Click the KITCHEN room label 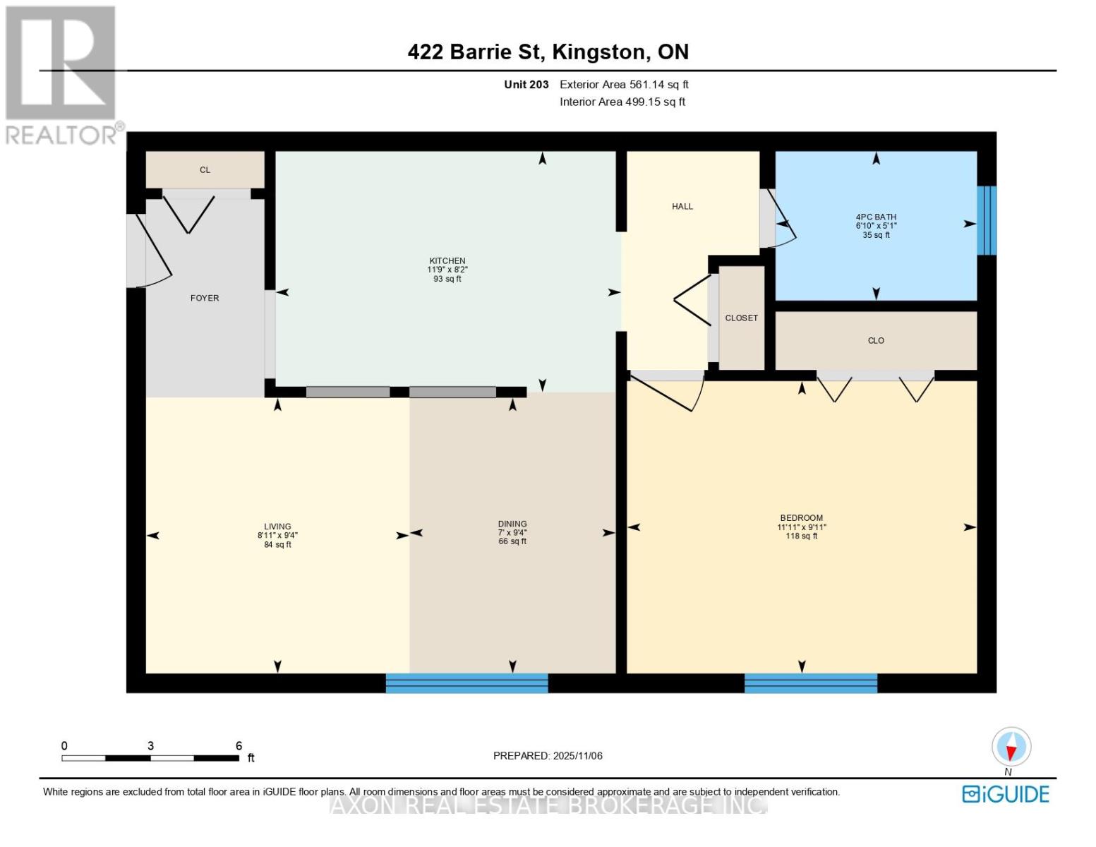click(x=447, y=261)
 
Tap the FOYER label click(x=204, y=298)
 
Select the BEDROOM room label click(x=801, y=517)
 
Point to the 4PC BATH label click(x=876, y=217)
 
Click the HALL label click(x=682, y=206)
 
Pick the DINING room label click(x=512, y=524)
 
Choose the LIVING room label click(x=277, y=526)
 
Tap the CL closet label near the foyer click(x=205, y=170)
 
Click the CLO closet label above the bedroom click(x=876, y=340)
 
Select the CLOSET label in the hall click(x=741, y=318)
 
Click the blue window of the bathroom click(x=987, y=220)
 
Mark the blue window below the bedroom click(x=810, y=683)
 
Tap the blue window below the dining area click(x=466, y=683)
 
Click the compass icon click(x=1011, y=747)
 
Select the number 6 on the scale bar click(x=239, y=745)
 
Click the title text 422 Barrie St click(x=474, y=52)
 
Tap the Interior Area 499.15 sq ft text click(x=622, y=102)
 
